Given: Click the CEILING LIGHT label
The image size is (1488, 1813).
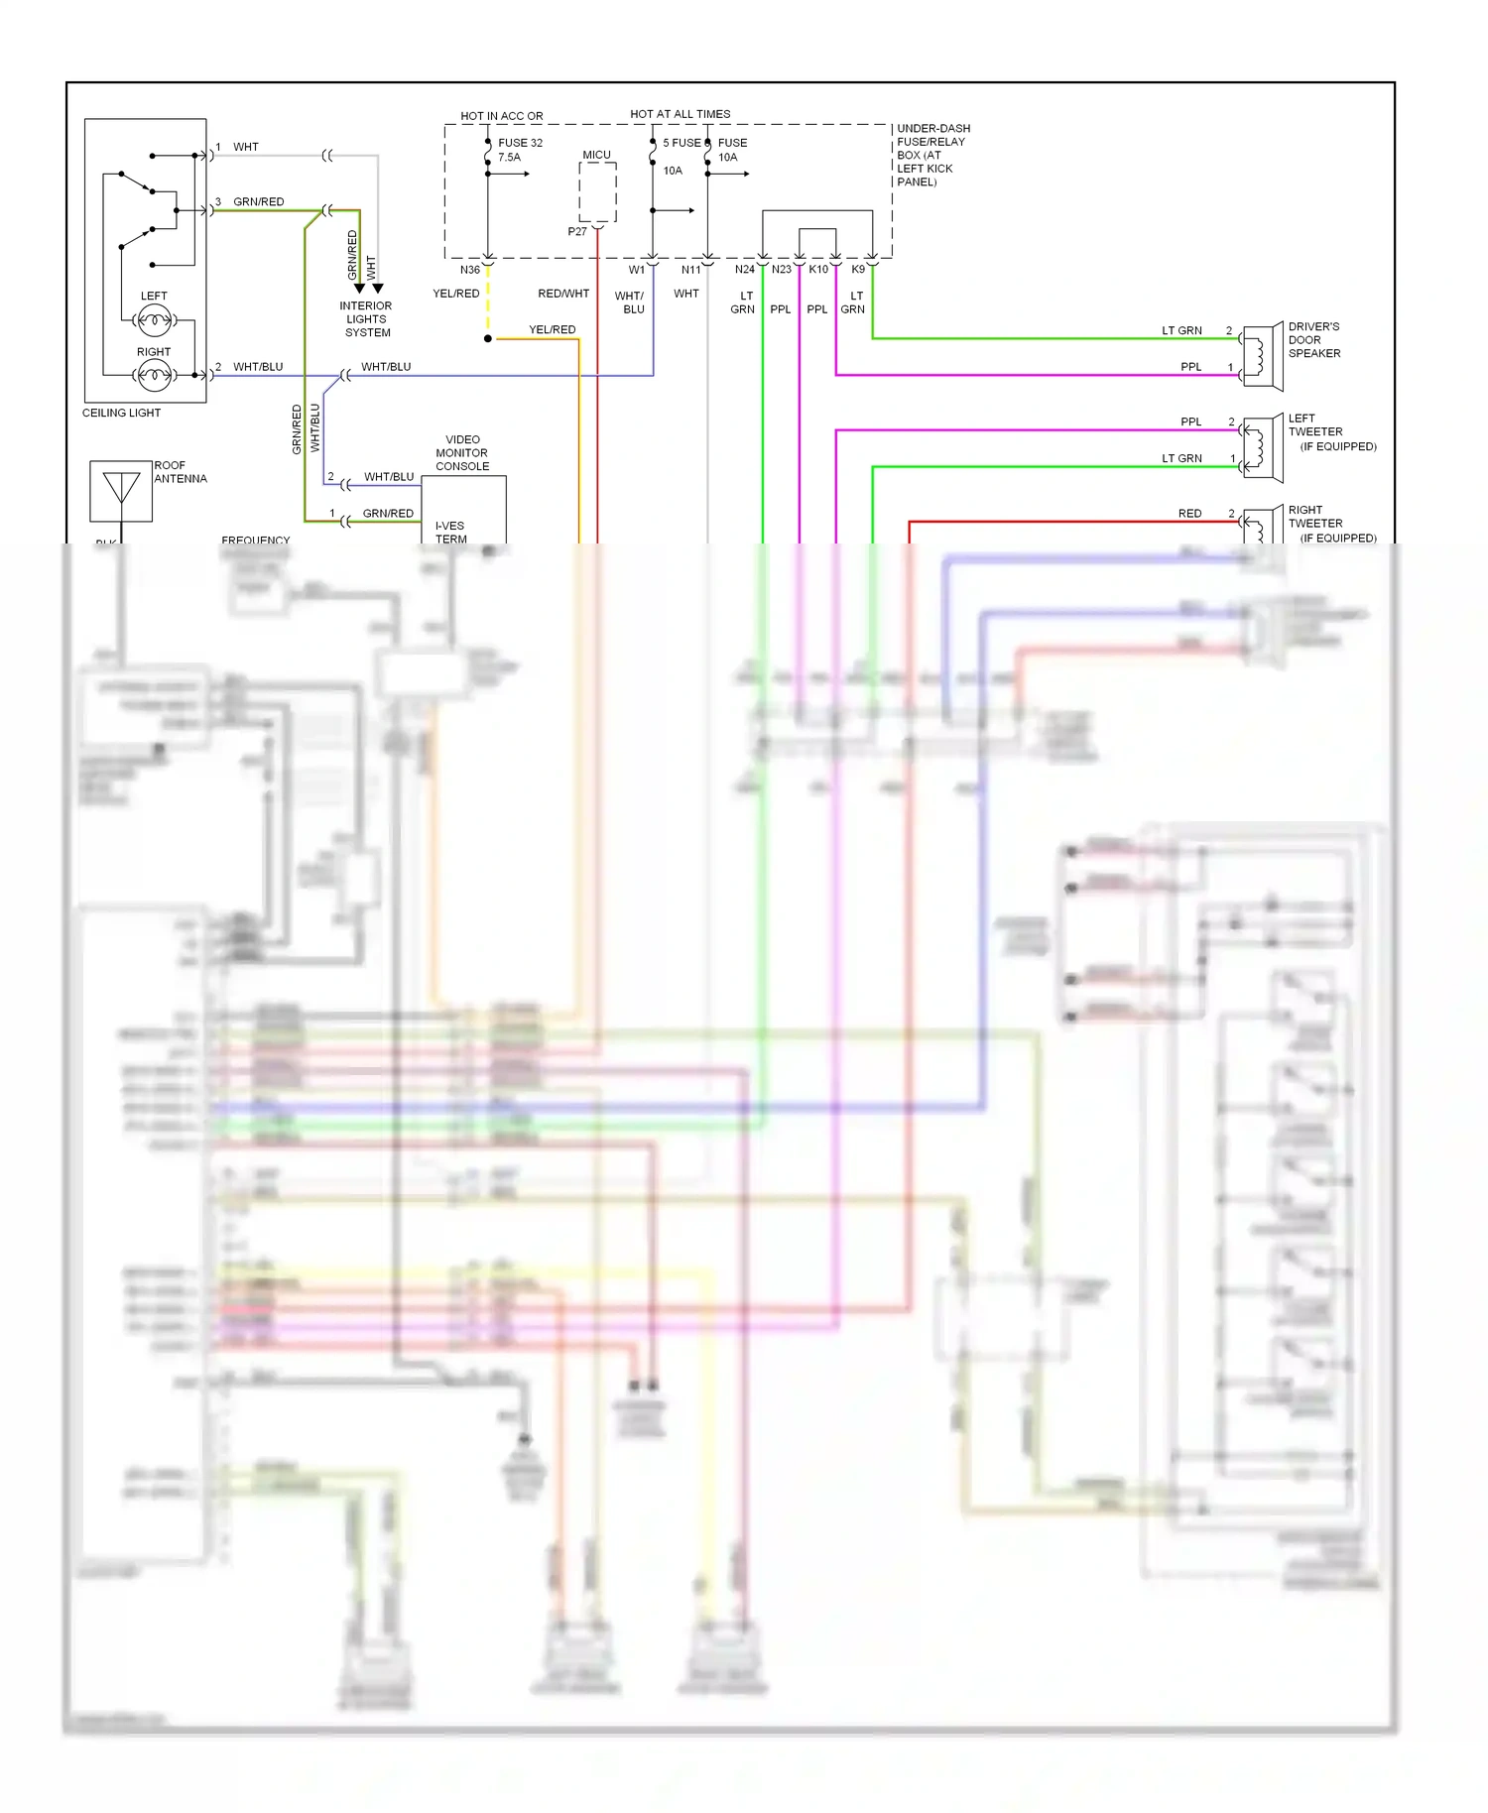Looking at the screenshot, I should (x=121, y=413).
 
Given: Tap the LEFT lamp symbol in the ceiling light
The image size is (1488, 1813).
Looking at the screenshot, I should (x=154, y=319).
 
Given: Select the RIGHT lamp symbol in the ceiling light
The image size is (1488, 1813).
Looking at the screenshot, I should (x=154, y=374).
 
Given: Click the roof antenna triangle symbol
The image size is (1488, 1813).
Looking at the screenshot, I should (x=121, y=489).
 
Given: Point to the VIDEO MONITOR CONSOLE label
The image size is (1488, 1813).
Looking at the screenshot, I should (x=462, y=452).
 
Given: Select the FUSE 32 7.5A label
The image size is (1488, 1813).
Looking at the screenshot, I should (x=519, y=150).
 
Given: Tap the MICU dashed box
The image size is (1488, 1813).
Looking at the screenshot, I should (x=597, y=191).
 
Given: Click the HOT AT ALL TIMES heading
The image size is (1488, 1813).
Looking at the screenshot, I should (x=680, y=114).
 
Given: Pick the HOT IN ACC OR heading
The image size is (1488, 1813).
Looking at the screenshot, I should (x=501, y=116).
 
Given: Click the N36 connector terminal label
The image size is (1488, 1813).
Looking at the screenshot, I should (x=470, y=270).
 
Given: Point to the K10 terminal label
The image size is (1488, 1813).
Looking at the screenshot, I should (x=817, y=270).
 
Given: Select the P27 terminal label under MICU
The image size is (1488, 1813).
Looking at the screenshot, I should (x=577, y=231).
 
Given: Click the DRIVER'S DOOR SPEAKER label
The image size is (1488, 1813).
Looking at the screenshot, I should (x=1313, y=339).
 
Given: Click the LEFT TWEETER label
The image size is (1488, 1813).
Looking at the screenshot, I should (x=1315, y=424).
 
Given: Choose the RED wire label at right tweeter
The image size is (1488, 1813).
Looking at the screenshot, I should (x=1189, y=513).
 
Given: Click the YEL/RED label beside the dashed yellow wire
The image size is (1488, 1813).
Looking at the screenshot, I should (x=455, y=294).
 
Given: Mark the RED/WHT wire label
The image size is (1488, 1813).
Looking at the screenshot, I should (x=563, y=294).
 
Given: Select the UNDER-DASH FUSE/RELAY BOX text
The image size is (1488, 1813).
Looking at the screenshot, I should (x=932, y=155).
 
